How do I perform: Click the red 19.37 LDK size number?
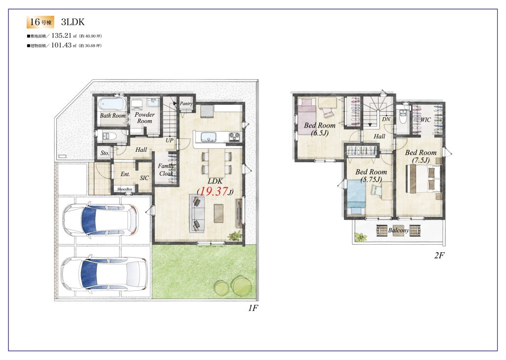(x=213, y=191)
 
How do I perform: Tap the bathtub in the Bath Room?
(x=112, y=104)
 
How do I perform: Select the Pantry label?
(x=186, y=103)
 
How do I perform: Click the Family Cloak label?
(x=166, y=170)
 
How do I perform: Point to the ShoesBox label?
(x=125, y=189)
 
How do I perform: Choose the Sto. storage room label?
(x=105, y=153)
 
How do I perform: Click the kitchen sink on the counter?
(x=209, y=137)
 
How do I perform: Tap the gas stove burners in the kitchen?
(x=235, y=136)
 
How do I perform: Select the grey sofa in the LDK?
(x=197, y=213)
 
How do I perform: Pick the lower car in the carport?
(x=104, y=274)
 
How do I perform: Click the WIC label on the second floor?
(x=425, y=120)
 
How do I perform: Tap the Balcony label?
(x=398, y=230)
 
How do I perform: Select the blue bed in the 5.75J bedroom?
(x=356, y=197)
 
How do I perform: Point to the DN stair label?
(x=386, y=119)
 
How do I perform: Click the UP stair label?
(x=169, y=140)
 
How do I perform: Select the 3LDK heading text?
(x=73, y=22)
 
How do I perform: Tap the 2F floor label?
(x=439, y=255)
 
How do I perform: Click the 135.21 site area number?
(x=61, y=36)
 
